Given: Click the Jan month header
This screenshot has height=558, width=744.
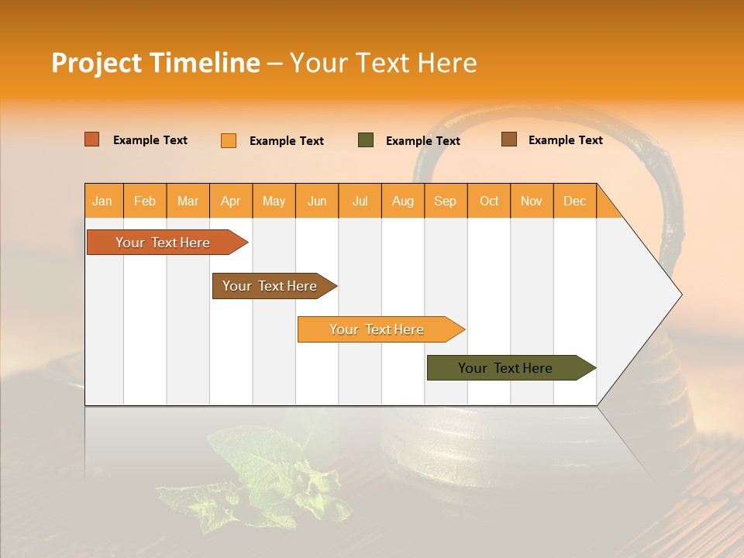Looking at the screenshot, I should [x=102, y=201].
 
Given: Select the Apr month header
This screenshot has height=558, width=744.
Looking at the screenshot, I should [x=230, y=201].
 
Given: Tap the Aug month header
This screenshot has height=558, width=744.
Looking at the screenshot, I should [x=402, y=201].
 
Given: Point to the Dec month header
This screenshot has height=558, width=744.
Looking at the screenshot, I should [x=574, y=201].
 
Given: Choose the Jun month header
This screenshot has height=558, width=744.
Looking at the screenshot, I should [x=317, y=201].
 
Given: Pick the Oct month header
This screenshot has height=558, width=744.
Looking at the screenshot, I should [x=489, y=201].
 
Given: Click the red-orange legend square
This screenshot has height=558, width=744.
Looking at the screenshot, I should [x=92, y=139].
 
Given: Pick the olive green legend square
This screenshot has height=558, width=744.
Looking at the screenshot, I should [x=366, y=139].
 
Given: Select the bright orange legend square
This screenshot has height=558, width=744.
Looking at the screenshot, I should [x=229, y=140].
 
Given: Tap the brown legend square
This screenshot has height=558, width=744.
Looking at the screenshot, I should [x=509, y=139].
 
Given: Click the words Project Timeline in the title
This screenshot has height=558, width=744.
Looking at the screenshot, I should [x=155, y=63].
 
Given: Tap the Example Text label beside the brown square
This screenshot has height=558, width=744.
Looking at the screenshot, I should [x=565, y=140].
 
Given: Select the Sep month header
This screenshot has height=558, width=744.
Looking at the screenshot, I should [x=445, y=201].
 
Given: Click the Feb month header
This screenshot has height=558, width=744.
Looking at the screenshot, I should [x=145, y=201].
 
